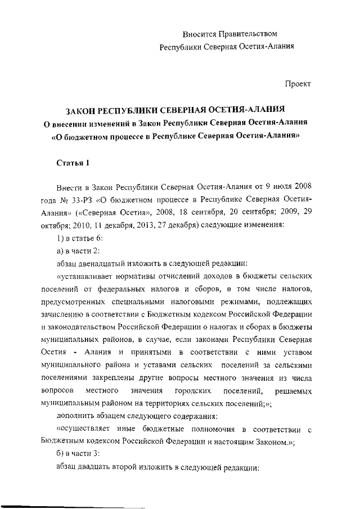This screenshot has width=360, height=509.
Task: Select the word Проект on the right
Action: [x=298, y=84]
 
